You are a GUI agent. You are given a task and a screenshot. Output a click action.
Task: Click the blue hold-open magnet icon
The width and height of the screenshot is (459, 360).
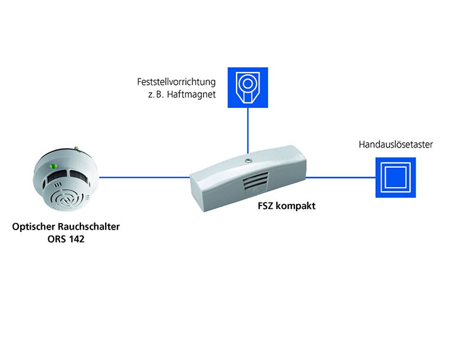pos(248,88)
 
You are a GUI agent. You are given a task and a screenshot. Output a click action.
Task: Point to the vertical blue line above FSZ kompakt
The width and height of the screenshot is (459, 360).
pos(248,130)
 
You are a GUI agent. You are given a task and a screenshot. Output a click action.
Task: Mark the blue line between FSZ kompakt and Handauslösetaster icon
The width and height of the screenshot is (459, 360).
pos(341,176)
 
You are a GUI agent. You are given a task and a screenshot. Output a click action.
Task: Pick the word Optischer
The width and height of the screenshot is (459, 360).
pos(33,227)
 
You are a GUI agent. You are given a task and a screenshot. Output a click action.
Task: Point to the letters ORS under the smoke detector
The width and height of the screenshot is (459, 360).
pos(56,240)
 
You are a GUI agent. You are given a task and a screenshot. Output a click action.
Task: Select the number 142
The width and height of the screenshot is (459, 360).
pos(77,240)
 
